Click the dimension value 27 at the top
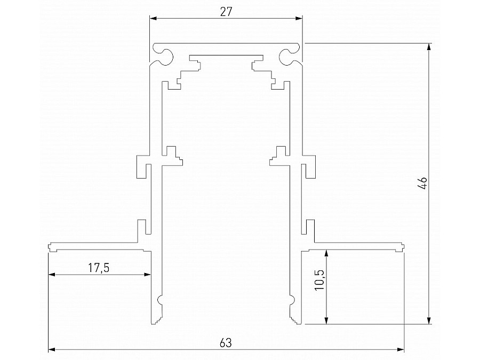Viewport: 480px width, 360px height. tap(226, 12)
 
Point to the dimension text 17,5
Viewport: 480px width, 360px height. tap(98, 268)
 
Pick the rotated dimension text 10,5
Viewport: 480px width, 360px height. tap(319, 279)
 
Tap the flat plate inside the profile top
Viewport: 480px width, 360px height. tap(226, 56)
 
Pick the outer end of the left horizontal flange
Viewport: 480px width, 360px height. tap(50, 247)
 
